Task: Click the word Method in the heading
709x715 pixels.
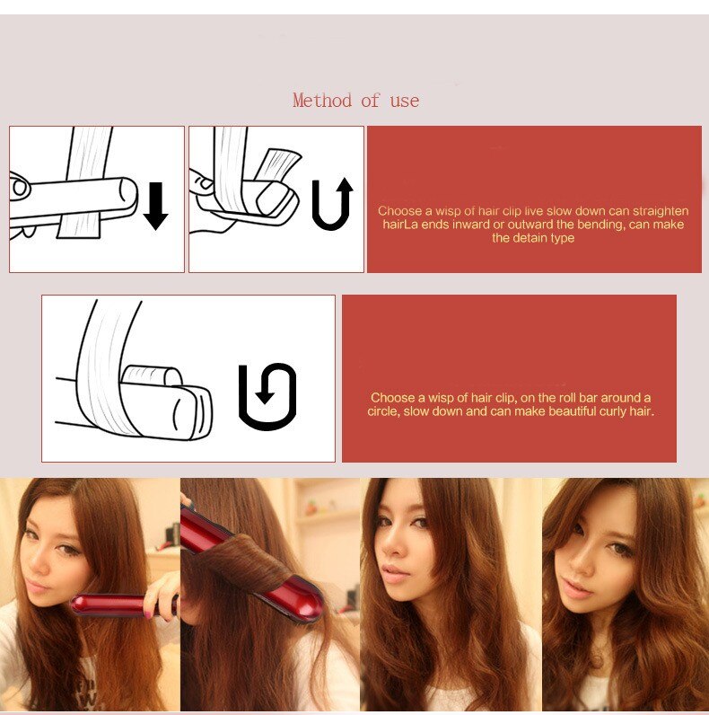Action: (322, 101)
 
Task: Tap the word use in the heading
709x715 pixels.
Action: (405, 101)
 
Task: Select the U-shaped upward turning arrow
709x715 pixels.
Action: (332, 204)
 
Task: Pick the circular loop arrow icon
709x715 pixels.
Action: (267, 396)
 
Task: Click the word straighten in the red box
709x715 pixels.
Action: (661, 211)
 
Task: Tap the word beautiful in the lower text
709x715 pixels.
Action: (550, 411)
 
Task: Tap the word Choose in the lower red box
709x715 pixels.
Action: (392, 397)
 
